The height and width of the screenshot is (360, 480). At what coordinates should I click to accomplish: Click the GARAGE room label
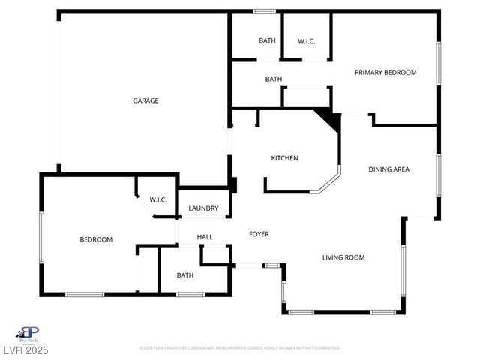[x=145, y=100]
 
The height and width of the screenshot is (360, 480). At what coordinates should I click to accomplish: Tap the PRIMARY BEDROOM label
[x=385, y=72]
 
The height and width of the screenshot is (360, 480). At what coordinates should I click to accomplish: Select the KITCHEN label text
[x=284, y=158]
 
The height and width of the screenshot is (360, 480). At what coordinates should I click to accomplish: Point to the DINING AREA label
[x=388, y=169]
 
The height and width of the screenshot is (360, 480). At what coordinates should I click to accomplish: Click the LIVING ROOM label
[x=343, y=257]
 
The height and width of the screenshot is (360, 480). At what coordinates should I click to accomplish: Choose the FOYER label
[x=259, y=234]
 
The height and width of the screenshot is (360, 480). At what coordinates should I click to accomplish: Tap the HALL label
[x=205, y=237]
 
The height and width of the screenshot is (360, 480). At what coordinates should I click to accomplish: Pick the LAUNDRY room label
[x=203, y=208]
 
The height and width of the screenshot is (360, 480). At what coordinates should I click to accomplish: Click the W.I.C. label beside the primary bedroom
[x=306, y=40]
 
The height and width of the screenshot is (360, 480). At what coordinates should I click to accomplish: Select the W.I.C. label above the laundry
[x=157, y=199]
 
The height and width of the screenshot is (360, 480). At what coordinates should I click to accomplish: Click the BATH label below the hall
[x=184, y=275]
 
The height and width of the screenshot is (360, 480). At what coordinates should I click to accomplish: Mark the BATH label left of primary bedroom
[x=273, y=79]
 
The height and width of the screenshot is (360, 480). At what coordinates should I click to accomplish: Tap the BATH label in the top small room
[x=267, y=40]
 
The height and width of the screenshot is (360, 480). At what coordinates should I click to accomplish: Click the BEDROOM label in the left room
[x=96, y=239]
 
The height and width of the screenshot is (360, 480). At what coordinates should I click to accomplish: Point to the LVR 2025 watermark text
[x=25, y=351]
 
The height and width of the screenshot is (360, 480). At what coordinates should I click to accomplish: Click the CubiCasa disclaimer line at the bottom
[x=240, y=348]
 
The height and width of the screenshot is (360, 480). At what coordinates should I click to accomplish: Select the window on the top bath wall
[x=264, y=11]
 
